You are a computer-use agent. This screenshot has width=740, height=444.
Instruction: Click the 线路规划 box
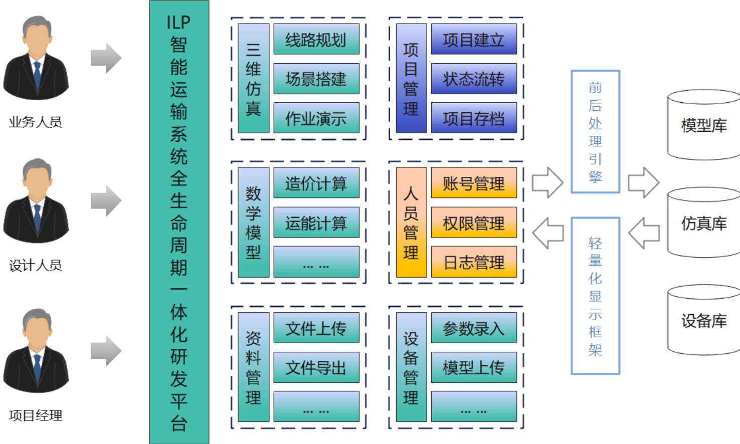pyautogui.click(x=316, y=39)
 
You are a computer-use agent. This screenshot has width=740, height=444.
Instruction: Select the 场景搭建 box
pyautogui.click(x=316, y=79)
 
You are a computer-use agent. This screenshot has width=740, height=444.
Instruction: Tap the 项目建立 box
pyautogui.click(x=474, y=39)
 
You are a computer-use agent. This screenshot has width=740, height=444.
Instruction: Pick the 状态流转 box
pyautogui.click(x=474, y=79)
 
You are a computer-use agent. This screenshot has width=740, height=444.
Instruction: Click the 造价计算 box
pyautogui.click(x=316, y=183)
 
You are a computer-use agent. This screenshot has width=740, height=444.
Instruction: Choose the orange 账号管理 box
pyautogui.click(x=474, y=183)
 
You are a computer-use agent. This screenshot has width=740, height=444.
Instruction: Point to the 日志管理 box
pyautogui.click(x=474, y=262)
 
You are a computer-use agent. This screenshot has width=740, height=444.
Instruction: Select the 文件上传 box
pyautogui.click(x=316, y=328)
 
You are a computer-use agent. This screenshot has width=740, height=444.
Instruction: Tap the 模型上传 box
pyautogui.click(x=474, y=367)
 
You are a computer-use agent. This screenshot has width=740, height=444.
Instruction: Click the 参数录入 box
pyautogui.click(x=474, y=328)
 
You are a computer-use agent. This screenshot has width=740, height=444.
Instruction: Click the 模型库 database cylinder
pyautogui.click(x=704, y=125)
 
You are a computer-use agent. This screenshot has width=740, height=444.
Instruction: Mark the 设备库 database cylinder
pyautogui.click(x=704, y=321)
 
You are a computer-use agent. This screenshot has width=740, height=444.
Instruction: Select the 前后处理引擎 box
pyautogui.click(x=595, y=132)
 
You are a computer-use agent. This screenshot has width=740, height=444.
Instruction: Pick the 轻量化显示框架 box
pyautogui.click(x=595, y=296)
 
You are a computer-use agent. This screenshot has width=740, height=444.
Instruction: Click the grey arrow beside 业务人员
pyautogui.click(x=106, y=58)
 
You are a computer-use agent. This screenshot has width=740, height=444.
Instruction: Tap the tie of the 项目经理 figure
pyautogui.click(x=37, y=366)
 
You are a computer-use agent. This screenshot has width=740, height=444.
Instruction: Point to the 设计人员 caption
pyautogui.click(x=36, y=265)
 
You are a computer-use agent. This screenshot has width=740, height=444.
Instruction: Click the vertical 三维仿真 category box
pyautogui.click(x=253, y=79)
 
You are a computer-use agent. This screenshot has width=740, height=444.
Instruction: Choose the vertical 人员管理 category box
pyautogui.click(x=411, y=223)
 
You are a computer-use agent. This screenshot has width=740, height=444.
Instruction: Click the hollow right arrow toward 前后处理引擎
pyautogui.click(x=547, y=182)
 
